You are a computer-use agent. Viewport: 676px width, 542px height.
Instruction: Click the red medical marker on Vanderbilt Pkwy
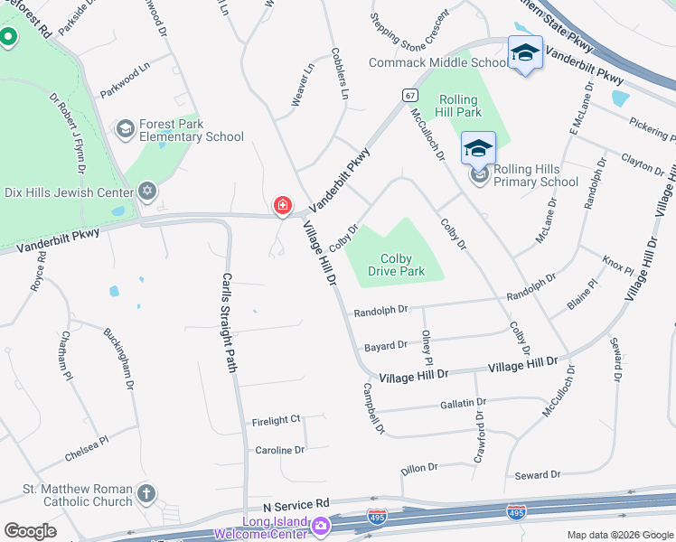[x=283, y=207]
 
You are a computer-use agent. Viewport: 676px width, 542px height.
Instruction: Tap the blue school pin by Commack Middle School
[x=524, y=53]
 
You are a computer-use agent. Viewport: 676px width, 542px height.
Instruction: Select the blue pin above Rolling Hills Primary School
[x=478, y=148]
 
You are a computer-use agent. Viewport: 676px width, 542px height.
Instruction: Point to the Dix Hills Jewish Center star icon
[x=147, y=192]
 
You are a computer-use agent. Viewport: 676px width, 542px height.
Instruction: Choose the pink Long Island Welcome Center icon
[x=320, y=525]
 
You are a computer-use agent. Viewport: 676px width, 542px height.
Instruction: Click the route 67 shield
[x=409, y=95]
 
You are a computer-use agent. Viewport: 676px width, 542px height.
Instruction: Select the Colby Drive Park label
[x=396, y=265]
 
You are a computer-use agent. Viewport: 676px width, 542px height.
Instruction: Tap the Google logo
[x=30, y=531]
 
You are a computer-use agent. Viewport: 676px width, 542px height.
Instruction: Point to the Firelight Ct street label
[x=276, y=420]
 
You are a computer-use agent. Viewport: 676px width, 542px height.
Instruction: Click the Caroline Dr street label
[x=279, y=450]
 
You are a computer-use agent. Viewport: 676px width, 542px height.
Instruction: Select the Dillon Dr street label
[x=419, y=468]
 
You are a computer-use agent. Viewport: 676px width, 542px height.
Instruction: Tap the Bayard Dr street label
[x=385, y=346]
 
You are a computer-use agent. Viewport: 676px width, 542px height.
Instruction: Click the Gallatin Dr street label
[x=464, y=403]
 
